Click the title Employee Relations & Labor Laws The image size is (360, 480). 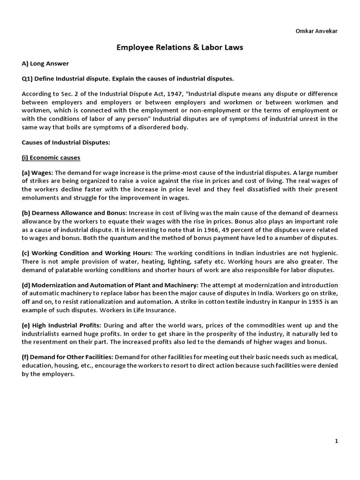(x=180, y=47)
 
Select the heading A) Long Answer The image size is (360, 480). (x=45, y=63)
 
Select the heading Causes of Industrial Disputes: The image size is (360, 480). (x=66, y=142)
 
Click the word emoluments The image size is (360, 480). (x=41, y=197)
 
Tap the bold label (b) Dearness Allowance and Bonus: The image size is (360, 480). (x=75, y=213)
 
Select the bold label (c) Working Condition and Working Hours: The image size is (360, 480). (x=87, y=253)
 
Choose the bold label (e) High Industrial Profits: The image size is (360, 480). (x=61, y=325)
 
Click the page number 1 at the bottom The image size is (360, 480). (x=336, y=441)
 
